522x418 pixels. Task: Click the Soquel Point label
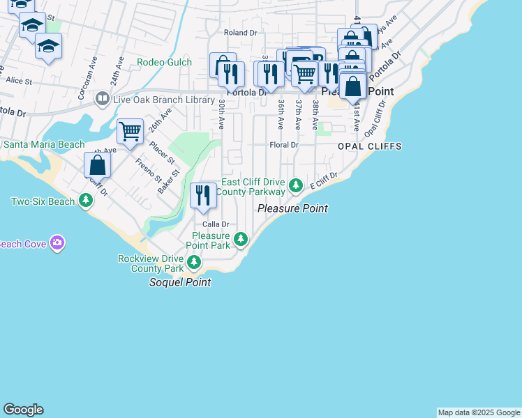(x=180, y=283)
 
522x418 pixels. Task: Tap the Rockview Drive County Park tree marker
(x=194, y=263)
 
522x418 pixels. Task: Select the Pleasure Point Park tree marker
(x=241, y=239)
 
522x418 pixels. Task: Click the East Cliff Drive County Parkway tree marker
(x=296, y=185)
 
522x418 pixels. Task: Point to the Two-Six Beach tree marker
(x=86, y=201)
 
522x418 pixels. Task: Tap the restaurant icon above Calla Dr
(x=203, y=195)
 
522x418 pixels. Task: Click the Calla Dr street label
(x=216, y=224)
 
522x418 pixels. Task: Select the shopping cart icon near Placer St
(x=130, y=131)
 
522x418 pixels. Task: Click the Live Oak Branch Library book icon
(x=103, y=100)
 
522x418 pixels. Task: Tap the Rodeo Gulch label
(x=164, y=62)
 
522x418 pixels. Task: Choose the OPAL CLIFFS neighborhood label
(x=360, y=147)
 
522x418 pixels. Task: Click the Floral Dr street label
(x=284, y=146)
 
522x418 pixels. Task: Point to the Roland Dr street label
(x=240, y=33)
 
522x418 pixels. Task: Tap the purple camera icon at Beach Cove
(x=57, y=243)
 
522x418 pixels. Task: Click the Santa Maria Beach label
(x=43, y=145)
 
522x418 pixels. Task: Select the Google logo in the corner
(x=23, y=410)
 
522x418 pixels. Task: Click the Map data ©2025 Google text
(x=479, y=412)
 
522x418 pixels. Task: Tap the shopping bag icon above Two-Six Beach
(x=98, y=165)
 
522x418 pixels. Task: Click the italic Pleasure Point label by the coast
(x=292, y=208)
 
